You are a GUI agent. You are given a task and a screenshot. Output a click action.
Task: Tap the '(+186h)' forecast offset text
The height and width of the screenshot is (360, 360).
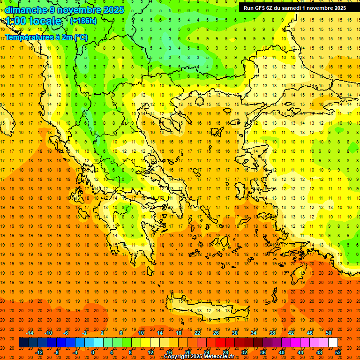point(83,21)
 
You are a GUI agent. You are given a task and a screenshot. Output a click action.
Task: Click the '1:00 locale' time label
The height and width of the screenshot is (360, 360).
point(33,21)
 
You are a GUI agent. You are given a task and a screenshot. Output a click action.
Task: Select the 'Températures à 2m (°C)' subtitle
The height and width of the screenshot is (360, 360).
point(46,37)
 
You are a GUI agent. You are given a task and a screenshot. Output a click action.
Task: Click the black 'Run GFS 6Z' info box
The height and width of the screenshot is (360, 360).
point(295,8)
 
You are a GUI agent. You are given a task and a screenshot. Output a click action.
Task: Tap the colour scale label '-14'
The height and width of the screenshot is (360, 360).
point(30,333)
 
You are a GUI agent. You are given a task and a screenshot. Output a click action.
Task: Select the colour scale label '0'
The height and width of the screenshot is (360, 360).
point(93,352)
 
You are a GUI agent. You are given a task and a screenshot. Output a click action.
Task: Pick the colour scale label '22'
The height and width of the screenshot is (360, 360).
point(197,333)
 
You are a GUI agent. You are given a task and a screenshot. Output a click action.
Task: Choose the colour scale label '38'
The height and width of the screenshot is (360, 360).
point(272,333)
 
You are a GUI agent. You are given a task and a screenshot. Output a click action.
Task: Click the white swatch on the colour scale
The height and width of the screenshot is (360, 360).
point(333,343)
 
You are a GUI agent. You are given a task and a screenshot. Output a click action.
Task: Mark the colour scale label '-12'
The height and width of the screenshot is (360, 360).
point(39,352)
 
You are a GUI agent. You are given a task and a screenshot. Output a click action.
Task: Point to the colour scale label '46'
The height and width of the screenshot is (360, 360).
point(310,333)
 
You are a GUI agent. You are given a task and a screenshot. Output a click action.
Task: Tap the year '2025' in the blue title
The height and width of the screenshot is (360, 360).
point(113,10)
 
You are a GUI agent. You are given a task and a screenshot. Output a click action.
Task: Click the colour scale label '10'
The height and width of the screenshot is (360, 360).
point(141,333)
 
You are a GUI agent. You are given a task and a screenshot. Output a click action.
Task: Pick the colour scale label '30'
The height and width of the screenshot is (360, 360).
point(235,333)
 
